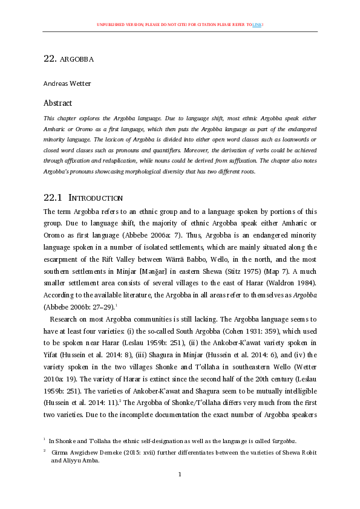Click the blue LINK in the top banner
(258, 24)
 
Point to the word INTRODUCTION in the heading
(96, 198)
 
